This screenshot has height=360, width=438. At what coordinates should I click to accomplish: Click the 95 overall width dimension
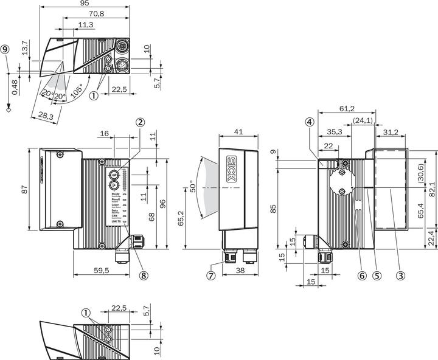tap(85, 4)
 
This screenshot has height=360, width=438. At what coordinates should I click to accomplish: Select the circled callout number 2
tap(141, 122)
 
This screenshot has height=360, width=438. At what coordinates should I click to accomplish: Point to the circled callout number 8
tap(144, 274)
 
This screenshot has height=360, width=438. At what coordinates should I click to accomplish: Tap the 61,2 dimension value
tap(347, 109)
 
